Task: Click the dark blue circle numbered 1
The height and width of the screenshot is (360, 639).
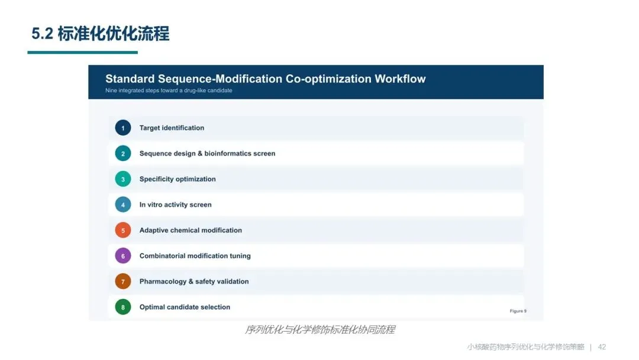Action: pos(122,128)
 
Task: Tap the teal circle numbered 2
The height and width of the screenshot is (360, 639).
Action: pos(122,153)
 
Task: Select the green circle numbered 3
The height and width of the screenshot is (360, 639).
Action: pos(122,179)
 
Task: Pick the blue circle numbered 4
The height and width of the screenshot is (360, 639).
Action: pos(122,205)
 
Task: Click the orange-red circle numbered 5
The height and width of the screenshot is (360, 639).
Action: pos(122,230)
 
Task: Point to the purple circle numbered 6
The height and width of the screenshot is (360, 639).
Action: pos(122,256)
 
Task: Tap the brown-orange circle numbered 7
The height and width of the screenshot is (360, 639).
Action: pos(122,281)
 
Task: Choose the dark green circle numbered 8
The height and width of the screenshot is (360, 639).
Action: pos(122,307)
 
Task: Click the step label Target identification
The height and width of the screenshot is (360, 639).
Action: pos(172,128)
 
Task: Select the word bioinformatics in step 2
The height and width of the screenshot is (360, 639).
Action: pos(227,153)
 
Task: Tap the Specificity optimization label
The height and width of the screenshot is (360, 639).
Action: pos(177,179)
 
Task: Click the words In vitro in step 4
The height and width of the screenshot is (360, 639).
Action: pos(151,205)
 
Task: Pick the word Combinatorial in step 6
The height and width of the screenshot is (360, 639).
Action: pos(160,256)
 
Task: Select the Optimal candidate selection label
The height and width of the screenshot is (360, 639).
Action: pos(185,307)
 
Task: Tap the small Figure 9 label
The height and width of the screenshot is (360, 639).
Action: pos(518,311)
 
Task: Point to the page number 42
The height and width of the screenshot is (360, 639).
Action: pos(602,347)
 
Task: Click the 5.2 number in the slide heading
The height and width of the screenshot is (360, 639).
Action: pos(43,33)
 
